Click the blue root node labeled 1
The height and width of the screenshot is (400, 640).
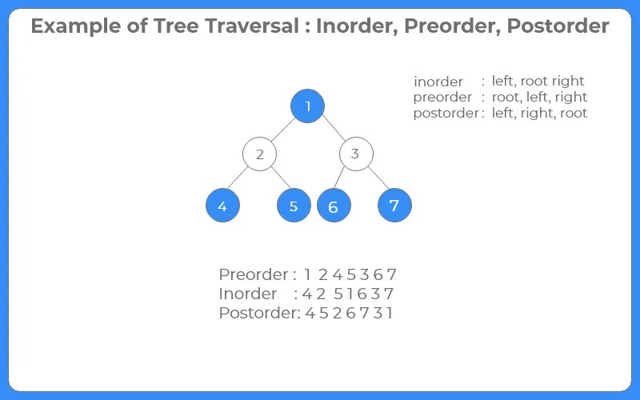[308, 106]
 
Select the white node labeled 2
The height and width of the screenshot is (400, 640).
[259, 154]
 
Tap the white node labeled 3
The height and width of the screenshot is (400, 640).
[356, 154]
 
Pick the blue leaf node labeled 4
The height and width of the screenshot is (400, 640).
[222, 206]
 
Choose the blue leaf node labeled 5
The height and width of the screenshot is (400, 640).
[294, 206]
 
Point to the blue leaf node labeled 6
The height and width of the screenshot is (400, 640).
[334, 206]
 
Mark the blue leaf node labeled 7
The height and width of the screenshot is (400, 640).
[394, 206]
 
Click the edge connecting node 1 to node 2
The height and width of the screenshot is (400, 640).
[283, 130]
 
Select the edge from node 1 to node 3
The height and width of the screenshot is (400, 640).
[332, 130]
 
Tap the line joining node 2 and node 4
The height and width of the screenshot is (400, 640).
[241, 180]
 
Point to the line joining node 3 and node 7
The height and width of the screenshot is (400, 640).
[375, 180]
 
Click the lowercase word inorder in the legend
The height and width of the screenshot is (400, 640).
[438, 82]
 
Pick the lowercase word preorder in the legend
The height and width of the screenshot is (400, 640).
[438, 98]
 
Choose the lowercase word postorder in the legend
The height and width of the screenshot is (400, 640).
[445, 114]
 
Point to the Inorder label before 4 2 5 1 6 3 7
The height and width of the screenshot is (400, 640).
[248, 294]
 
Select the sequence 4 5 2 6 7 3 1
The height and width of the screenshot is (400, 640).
[350, 313]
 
